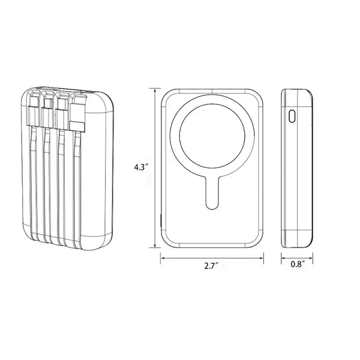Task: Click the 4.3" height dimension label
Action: click(x=140, y=167)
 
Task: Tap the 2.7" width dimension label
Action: click(x=211, y=266)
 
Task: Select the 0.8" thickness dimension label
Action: click(x=298, y=264)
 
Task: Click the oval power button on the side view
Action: click(x=292, y=116)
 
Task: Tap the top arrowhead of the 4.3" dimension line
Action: click(x=155, y=90)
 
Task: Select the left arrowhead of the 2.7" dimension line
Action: click(x=163, y=258)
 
